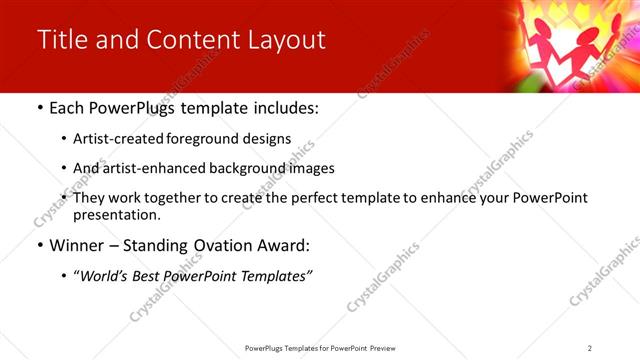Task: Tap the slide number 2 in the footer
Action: (x=590, y=348)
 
